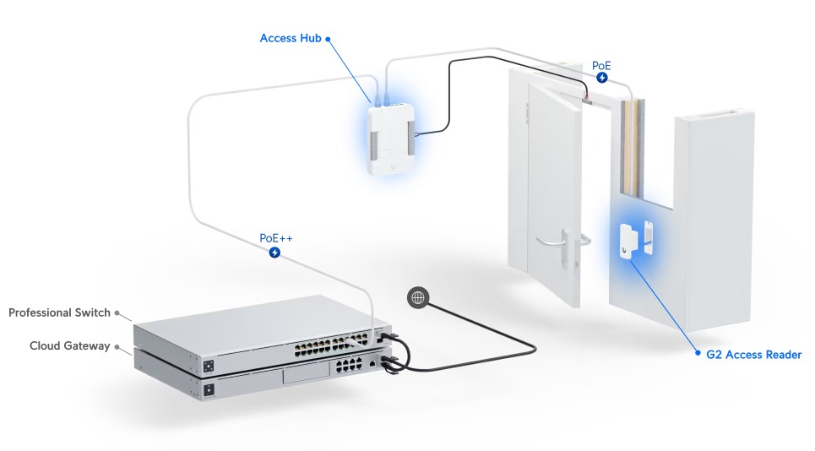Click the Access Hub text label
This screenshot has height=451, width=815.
coord(291,38)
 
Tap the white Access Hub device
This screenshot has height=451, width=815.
coord(392,139)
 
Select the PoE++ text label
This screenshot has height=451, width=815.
coord(276,238)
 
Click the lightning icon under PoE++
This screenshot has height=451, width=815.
coord(274,253)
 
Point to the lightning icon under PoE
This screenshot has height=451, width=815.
coord(601,78)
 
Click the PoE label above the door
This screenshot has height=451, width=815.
coord(601,66)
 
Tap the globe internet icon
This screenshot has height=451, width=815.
coord(418,298)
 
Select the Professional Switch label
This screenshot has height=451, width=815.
coord(59,312)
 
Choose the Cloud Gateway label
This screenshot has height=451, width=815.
coord(69,345)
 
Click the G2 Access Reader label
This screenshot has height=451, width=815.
coord(753,355)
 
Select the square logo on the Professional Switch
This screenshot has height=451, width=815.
coord(209,366)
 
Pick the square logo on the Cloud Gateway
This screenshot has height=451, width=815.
coord(209,390)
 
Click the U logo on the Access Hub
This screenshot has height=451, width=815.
coord(393,166)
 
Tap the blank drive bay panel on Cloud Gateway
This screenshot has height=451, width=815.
coord(307,373)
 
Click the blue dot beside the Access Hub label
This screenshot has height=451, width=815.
coord(328,39)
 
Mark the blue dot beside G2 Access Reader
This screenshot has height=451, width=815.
coord(698,353)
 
